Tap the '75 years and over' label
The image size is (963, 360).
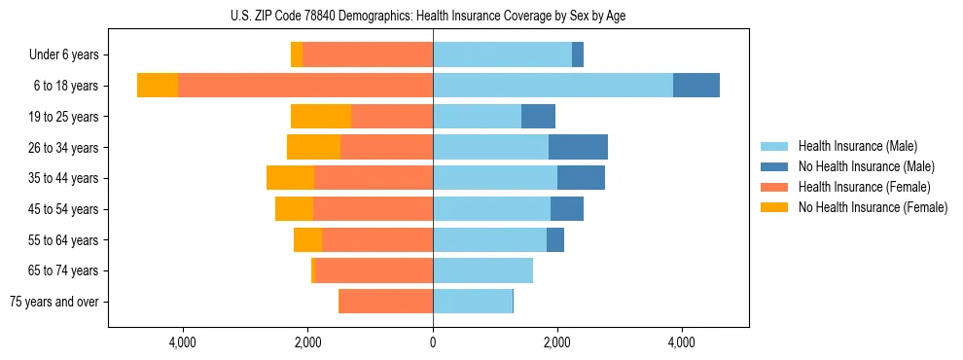pyautogui.click(x=53, y=302)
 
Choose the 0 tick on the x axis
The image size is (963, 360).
pyautogui.click(x=433, y=342)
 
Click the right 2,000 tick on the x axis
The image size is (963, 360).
pyautogui.click(x=557, y=342)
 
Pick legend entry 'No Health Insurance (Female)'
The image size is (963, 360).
pyautogui.click(x=873, y=207)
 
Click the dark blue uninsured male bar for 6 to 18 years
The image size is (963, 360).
pyautogui.click(x=696, y=86)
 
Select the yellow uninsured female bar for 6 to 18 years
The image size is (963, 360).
pyautogui.click(x=158, y=86)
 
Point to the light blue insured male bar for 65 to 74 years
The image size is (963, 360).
pyautogui.click(x=482, y=270)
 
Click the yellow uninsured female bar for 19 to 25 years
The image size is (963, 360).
pyautogui.click(x=321, y=117)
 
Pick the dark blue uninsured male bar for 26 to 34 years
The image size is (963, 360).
pyautogui.click(x=578, y=147)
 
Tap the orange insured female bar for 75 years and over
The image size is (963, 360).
pyautogui.click(x=385, y=302)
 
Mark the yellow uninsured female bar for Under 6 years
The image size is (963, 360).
pyautogui.click(x=297, y=55)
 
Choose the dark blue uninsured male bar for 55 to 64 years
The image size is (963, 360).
pyautogui.click(x=555, y=239)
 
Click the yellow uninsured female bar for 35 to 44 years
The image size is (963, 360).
pyautogui.click(x=290, y=178)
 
